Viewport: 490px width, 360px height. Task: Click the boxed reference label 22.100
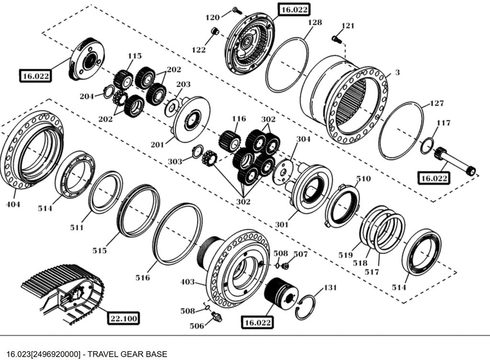point(124,318)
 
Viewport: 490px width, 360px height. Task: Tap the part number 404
point(13,205)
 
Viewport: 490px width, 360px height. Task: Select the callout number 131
point(330,288)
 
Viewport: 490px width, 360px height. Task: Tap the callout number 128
point(314,22)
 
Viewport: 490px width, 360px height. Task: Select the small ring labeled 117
point(427,145)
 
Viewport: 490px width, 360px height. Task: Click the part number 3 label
point(397,73)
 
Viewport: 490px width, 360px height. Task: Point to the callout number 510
point(363,179)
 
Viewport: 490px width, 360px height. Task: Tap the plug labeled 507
point(286,265)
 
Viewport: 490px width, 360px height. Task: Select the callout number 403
point(188,282)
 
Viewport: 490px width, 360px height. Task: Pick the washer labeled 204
point(109,90)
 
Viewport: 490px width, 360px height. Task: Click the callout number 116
point(238,119)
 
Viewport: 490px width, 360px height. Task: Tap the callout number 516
point(143,277)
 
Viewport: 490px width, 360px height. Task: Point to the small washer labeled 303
point(196,152)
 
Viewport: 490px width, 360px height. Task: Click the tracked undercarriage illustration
point(62,292)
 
